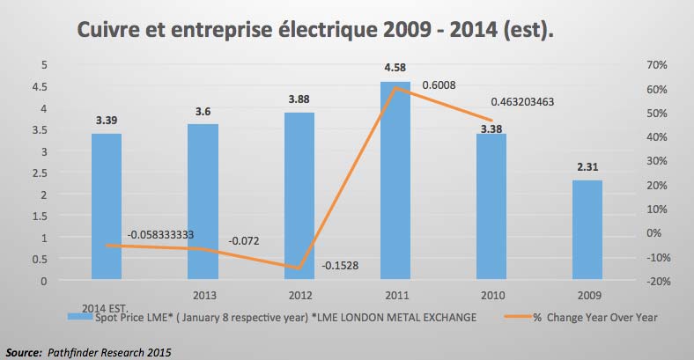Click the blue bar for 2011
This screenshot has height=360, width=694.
[x=396, y=181]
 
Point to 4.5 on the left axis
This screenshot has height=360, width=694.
[x=40, y=86]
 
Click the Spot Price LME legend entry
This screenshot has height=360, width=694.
[x=282, y=315]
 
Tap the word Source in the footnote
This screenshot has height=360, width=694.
[x=24, y=351]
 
